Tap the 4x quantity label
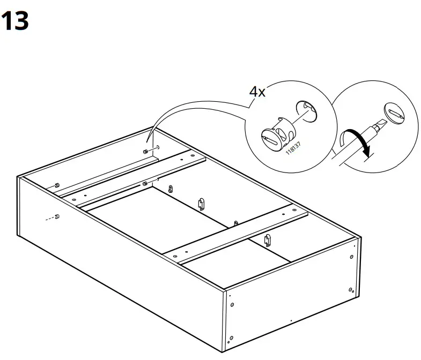pos(257,92)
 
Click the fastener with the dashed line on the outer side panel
pos(57,216)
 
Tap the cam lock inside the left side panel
pos(56,185)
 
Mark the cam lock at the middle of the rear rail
pos(145,184)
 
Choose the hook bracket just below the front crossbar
pos(267,240)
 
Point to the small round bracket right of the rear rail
pos(171,189)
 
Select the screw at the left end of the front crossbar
pos(175,257)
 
